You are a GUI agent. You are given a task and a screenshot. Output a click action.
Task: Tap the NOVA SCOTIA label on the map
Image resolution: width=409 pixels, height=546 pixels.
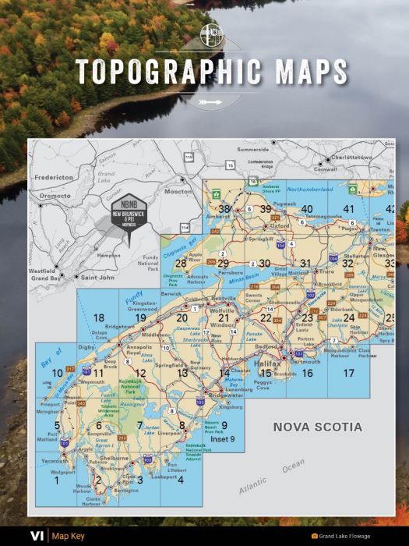coord(317,427)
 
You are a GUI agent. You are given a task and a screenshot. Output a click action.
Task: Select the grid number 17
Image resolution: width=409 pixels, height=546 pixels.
coord(348,374)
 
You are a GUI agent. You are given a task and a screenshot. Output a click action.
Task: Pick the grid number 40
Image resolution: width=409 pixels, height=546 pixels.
coord(307,208)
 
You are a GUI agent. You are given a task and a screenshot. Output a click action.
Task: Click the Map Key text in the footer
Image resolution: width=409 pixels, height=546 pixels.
coord(68,536)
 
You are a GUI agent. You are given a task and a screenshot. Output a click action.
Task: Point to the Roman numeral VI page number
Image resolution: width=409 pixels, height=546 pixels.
coord(37,536)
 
